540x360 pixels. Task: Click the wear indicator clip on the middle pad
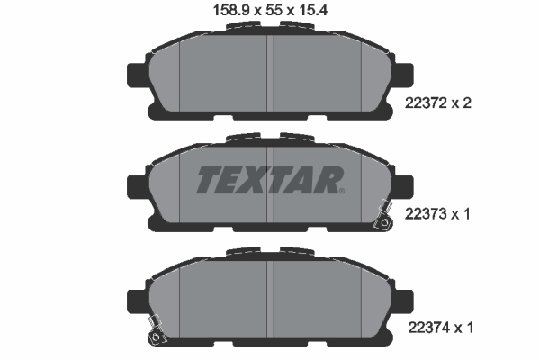pos(382,216)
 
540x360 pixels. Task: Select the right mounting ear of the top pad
pos(402,75)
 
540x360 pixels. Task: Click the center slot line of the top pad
pos(271,76)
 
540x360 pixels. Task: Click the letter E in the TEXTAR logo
pos(233,181)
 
